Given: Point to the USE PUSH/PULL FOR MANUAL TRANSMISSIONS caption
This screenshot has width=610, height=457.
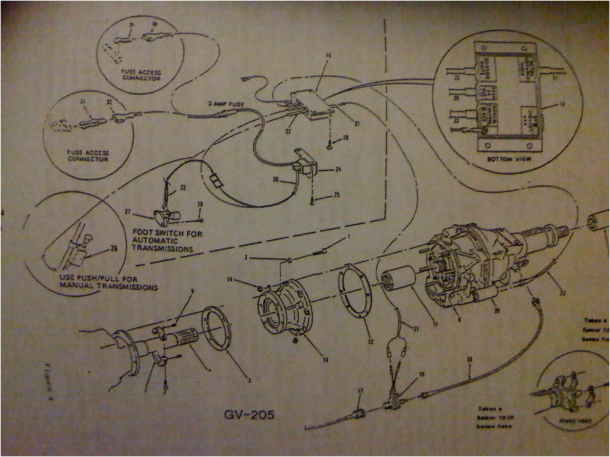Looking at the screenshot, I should pyautogui.click(x=108, y=283).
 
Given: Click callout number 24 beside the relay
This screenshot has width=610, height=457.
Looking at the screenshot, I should pyautogui.click(x=337, y=169).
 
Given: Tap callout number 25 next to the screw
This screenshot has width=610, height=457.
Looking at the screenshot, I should pyautogui.click(x=337, y=195).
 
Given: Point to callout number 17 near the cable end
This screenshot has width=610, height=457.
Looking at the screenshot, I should pyautogui.click(x=359, y=391).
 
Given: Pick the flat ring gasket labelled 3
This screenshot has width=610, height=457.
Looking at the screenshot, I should pyautogui.click(x=216, y=328).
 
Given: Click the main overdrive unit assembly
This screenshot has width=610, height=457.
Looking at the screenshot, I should pyautogui.click(x=477, y=262).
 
